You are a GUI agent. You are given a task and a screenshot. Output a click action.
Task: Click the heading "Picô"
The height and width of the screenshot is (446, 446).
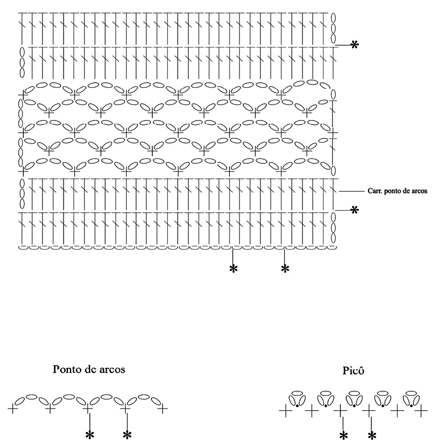pyautogui.click(x=352, y=371)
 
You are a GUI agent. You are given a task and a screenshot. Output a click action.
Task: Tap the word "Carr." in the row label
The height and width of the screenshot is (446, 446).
pyautogui.click(x=374, y=191)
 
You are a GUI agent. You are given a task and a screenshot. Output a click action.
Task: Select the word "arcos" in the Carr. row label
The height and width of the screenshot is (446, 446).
pyautogui.click(x=420, y=191)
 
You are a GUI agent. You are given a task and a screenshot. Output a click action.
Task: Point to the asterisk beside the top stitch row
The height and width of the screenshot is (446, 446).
pyautogui.click(x=355, y=45)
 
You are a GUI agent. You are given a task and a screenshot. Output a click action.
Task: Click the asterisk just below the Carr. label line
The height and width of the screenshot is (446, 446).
pyautogui.click(x=355, y=210)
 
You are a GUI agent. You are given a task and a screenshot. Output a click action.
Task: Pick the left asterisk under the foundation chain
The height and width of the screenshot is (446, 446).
pyautogui.click(x=233, y=269)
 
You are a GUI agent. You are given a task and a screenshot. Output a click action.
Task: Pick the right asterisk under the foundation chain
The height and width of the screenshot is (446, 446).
pyautogui.click(x=285, y=269)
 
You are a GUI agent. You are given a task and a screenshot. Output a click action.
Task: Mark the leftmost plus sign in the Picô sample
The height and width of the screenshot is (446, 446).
pyautogui.click(x=285, y=411)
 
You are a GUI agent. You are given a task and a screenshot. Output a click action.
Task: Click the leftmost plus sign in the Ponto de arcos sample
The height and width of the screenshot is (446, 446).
pyautogui.click(x=13, y=408)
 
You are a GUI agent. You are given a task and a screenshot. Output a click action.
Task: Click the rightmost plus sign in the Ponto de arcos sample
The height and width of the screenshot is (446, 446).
pyautogui.click(x=163, y=408)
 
